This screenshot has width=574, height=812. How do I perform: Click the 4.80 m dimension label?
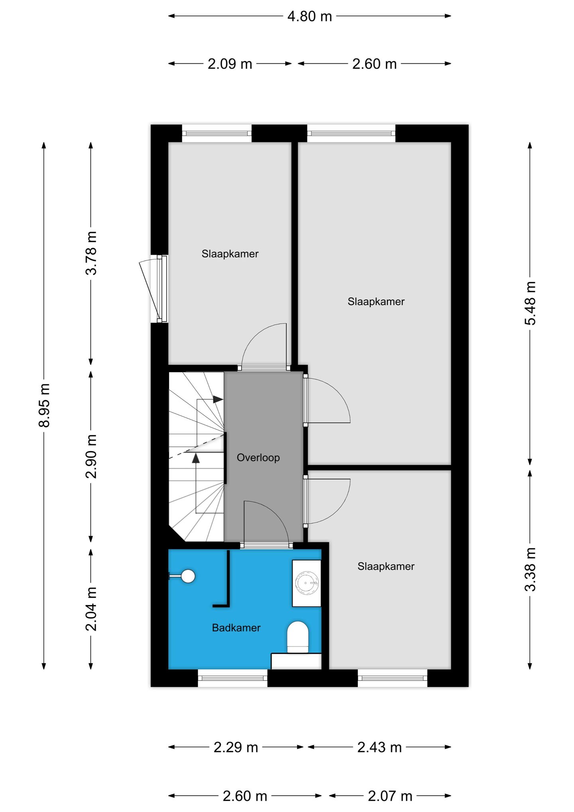[x=309, y=16]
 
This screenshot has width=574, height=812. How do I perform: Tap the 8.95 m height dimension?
[x=44, y=405]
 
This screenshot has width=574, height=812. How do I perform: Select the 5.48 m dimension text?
[x=530, y=303]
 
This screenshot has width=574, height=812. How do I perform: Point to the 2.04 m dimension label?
[x=91, y=609]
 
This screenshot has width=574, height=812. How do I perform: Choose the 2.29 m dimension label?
[x=236, y=747]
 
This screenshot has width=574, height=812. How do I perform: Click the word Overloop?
[x=258, y=457]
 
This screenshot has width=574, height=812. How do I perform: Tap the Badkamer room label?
[x=236, y=628]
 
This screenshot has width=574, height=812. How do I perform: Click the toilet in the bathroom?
[x=298, y=637]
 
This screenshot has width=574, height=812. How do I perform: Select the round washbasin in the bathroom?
[x=307, y=583]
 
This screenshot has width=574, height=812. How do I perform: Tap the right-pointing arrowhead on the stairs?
[x=218, y=399]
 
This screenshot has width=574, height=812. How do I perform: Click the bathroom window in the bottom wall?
[x=232, y=678]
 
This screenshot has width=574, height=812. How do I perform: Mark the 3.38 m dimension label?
[x=530, y=569]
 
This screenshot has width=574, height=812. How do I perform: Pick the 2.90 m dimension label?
[x=91, y=456]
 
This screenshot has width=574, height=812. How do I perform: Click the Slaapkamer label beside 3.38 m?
[x=386, y=566]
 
